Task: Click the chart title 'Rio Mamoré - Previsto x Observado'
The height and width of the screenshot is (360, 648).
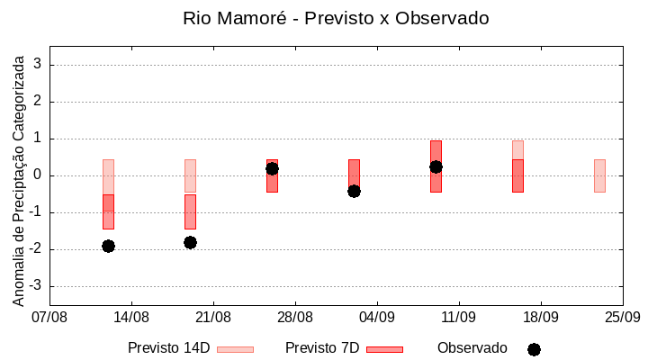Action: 336,18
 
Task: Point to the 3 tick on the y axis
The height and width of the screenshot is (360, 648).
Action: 39,65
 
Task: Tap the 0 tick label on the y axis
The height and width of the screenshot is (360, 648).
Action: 39,175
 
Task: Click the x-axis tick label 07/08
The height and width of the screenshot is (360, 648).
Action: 49,317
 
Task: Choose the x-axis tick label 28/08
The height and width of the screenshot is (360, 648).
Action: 295,317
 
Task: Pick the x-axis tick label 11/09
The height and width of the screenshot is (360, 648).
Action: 459,317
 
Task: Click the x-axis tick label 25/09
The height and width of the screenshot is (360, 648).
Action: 622,317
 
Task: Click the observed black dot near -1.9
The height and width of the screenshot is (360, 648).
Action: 108,246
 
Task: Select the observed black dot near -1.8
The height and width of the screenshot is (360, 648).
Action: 190,242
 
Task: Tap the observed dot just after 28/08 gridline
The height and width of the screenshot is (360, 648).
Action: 272,168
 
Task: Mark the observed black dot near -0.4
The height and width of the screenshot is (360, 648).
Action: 354,191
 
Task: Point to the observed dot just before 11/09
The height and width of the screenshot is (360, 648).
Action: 436,166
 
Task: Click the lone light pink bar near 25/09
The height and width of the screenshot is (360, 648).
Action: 599,175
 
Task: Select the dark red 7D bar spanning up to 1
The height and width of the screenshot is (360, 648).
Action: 436,166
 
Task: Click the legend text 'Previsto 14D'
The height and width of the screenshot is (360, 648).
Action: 168,348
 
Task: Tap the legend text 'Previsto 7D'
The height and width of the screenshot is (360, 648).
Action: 322,348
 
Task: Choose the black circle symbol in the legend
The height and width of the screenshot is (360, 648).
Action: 534,349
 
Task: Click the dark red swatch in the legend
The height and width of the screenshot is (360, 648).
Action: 384,349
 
